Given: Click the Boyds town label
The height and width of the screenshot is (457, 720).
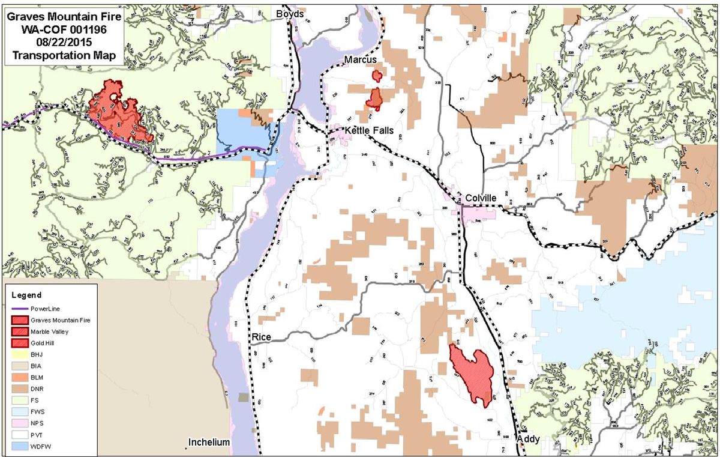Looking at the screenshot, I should (x=290, y=13).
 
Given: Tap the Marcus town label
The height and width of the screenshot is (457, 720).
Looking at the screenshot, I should (x=360, y=59).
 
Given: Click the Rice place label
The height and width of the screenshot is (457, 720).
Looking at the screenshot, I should (x=262, y=337).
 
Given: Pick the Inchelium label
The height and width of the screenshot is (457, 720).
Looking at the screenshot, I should (x=209, y=443).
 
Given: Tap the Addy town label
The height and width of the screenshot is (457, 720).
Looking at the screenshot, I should (x=528, y=439).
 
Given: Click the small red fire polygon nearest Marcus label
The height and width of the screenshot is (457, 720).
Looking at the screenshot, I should (x=377, y=76).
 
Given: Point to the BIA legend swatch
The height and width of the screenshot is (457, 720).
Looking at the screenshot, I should (x=19, y=365).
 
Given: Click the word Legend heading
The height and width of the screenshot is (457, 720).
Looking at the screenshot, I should (x=26, y=295).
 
